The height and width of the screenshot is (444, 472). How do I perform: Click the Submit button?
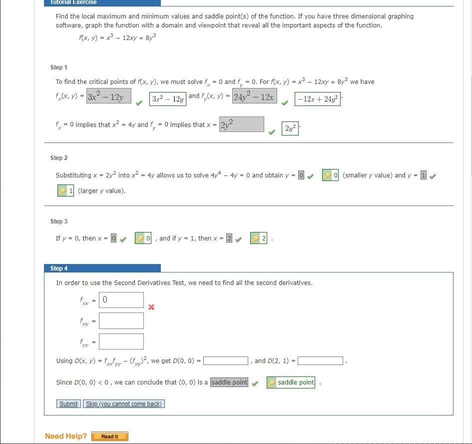click(x=68, y=404)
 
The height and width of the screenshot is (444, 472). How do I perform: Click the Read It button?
click(x=110, y=436)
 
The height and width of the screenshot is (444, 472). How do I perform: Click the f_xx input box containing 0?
click(x=121, y=300)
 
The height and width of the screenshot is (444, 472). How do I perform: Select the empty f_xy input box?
click(x=121, y=321)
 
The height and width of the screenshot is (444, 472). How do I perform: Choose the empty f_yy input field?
click(x=121, y=341)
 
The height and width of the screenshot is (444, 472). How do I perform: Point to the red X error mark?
click(x=151, y=307)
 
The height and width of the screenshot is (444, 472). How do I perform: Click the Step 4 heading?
click(x=59, y=268)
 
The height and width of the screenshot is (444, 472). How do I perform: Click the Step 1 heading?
click(x=58, y=67)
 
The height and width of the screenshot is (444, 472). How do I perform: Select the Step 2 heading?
click(x=58, y=158)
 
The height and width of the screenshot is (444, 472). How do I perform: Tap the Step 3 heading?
click(x=58, y=221)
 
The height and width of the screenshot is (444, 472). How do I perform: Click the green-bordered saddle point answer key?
click(x=291, y=382)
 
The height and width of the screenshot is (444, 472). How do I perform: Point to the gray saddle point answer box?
click(x=229, y=382)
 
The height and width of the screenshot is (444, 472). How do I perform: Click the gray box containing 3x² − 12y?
click(x=108, y=96)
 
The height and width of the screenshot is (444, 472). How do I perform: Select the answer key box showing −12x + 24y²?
click(x=318, y=99)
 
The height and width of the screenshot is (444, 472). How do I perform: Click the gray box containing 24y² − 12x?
click(x=254, y=96)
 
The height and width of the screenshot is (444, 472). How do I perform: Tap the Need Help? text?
click(x=66, y=436)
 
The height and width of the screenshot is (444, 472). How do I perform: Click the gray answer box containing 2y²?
click(x=241, y=124)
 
